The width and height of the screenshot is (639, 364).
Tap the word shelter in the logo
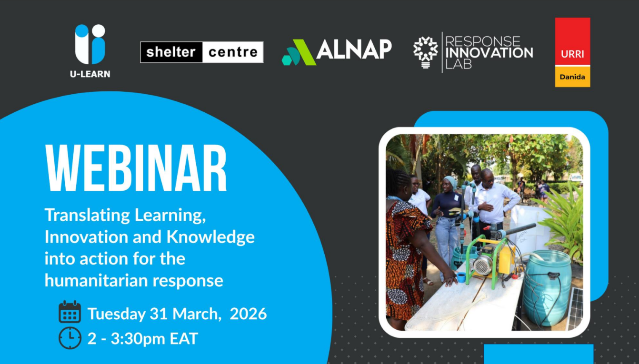(171, 52)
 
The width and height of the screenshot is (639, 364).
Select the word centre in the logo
(232, 52)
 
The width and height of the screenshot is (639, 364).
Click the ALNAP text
(354, 49)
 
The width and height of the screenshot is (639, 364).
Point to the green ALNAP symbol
(299, 53)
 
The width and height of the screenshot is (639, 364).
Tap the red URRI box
(572, 42)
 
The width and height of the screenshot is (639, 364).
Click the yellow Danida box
(572, 77)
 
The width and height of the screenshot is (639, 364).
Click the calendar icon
(70, 313)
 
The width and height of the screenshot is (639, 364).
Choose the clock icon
(70, 338)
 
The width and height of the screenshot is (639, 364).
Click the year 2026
(248, 314)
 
